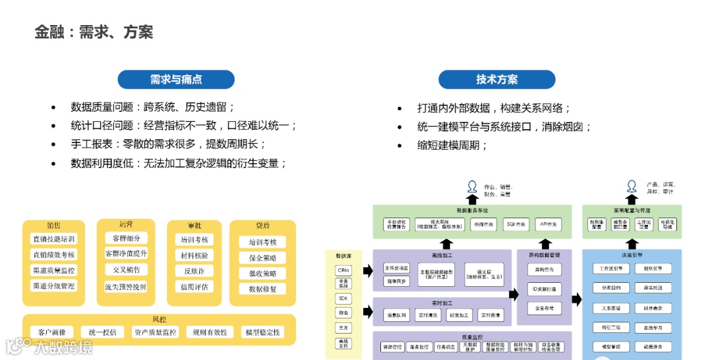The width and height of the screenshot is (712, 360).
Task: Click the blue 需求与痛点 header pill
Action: coord(176,80)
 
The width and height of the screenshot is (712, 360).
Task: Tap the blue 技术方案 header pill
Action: coord(496,80)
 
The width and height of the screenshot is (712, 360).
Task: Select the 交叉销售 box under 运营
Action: coord(126,270)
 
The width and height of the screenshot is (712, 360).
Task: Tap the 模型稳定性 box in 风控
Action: coord(262,332)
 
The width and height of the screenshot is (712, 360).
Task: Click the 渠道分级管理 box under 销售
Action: coord(54,286)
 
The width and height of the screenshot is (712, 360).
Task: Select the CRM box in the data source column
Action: coord(343,270)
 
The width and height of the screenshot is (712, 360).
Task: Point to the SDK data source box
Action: coord(343,298)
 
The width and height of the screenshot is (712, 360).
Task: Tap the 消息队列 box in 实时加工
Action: coord(396,315)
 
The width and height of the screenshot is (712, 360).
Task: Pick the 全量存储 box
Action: coord(544,307)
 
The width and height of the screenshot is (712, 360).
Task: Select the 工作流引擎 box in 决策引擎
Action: coord(611,268)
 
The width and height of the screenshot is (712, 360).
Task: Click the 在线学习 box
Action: coord(653,327)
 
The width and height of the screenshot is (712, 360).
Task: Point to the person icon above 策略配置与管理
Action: coord(632,186)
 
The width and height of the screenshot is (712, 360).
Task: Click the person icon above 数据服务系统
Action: coord(471,186)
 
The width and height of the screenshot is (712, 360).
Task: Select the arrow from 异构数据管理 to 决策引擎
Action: coord(577,299)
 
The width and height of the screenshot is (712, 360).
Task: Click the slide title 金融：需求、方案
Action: coord(94,32)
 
